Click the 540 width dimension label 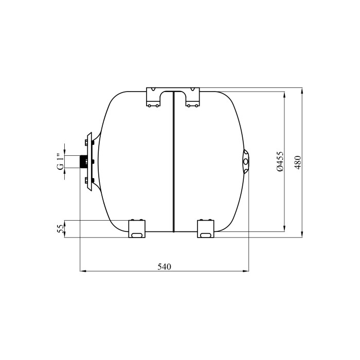[x=165, y=266]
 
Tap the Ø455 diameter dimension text [x=280, y=161]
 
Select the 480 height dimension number [x=298, y=163]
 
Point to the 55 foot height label [x=60, y=229]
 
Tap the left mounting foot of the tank [x=137, y=229]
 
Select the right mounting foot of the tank [x=206, y=229]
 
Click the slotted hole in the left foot [x=137, y=235]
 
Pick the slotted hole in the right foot [x=206, y=235]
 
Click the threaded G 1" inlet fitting [x=83, y=162]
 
